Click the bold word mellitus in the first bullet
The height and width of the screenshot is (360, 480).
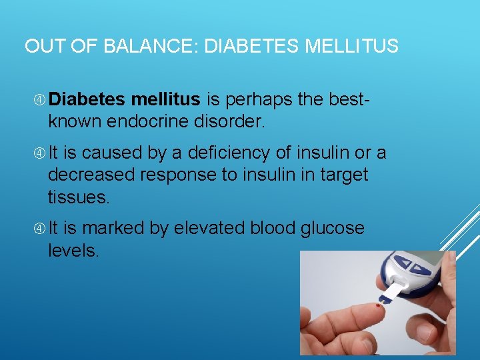click(x=165, y=100)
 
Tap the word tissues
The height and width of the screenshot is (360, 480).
click(x=78, y=198)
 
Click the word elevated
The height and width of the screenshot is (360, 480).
click(x=209, y=229)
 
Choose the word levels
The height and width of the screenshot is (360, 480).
click(x=73, y=251)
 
